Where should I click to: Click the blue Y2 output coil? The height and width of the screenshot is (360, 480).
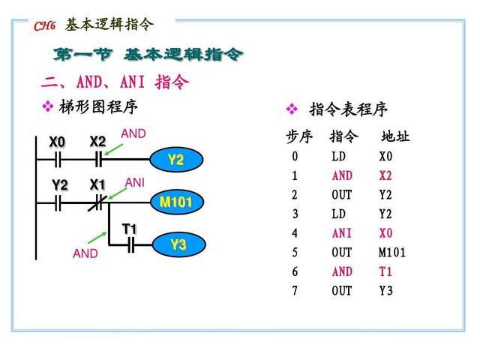(177, 160)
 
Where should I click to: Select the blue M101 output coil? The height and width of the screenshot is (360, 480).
(177, 202)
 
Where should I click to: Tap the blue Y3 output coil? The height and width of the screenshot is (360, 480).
(178, 244)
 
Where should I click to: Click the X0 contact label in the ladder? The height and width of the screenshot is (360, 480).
(57, 142)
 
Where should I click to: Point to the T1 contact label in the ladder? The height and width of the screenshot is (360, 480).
(129, 229)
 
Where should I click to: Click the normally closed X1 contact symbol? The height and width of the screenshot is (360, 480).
(98, 202)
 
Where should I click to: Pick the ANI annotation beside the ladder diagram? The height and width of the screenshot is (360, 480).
(135, 182)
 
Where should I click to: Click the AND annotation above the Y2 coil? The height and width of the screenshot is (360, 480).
(133, 133)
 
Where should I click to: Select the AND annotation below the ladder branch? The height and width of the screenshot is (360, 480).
(85, 253)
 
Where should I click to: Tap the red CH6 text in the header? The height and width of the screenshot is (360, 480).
(45, 26)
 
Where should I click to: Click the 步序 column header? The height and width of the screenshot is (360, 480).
(299, 136)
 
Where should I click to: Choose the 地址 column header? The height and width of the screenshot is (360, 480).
(395, 136)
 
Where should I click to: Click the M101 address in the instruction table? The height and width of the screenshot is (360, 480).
(392, 252)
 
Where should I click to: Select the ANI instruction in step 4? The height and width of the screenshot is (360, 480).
(342, 233)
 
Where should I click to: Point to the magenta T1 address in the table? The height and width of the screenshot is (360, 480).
(385, 271)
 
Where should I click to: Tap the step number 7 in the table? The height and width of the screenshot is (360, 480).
(295, 290)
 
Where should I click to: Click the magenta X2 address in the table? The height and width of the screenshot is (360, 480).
(385, 175)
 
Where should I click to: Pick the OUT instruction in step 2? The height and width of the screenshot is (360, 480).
(342, 195)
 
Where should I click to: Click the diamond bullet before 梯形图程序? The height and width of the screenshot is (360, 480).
(48, 106)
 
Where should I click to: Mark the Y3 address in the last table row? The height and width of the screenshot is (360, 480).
(385, 290)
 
